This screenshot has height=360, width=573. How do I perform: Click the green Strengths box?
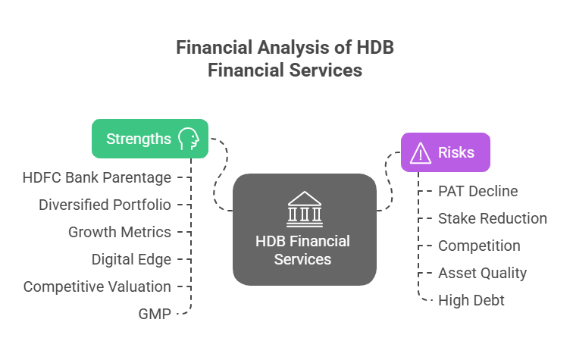click(x=149, y=139)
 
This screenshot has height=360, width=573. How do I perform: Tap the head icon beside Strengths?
click(x=188, y=139)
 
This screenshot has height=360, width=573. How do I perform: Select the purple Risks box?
click(x=445, y=152)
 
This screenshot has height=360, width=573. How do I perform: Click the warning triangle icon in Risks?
click(x=420, y=153)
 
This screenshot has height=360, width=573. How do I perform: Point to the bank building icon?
click(x=304, y=208)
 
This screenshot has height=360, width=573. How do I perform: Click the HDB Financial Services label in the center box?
click(x=303, y=250)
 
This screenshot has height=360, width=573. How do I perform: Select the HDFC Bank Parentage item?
click(x=97, y=177)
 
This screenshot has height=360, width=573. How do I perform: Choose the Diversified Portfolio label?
click(x=105, y=205)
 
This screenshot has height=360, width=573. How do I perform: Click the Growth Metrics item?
click(x=120, y=232)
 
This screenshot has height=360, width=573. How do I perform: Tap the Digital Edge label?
click(x=131, y=259)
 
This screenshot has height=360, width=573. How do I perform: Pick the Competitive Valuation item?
click(x=97, y=286)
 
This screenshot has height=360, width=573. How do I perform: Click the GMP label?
click(x=155, y=314)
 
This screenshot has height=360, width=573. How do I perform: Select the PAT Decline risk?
click(x=477, y=191)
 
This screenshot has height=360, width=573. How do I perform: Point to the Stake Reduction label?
click(x=493, y=218)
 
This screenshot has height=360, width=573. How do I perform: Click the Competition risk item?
click(x=479, y=246)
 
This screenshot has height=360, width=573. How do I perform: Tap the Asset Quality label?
click(x=482, y=273)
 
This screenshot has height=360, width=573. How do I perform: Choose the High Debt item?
click(x=471, y=300)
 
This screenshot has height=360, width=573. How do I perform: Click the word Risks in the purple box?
click(x=456, y=152)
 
